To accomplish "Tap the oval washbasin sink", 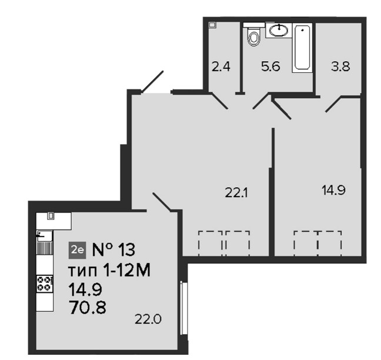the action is pyautogui.click(x=279, y=31).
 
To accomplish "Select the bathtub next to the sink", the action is pyautogui.click(x=302, y=48).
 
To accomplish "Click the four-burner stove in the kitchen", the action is pyautogui.click(x=45, y=284).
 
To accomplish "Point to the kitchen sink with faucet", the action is pyautogui.click(x=45, y=235).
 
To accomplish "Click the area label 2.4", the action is pyautogui.click(x=221, y=66).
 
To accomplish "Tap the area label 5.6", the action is pyautogui.click(x=270, y=66).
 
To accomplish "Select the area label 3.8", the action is pyautogui.click(x=340, y=66).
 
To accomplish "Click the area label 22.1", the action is pyautogui.click(x=236, y=194).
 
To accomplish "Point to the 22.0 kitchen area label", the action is pyautogui.click(x=148, y=319).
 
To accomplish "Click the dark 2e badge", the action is pyautogui.click(x=77, y=250).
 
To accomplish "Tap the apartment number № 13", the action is pyautogui.click(x=113, y=250).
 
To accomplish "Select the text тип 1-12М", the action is pyautogui.click(x=109, y=271).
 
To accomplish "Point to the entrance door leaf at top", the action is pyautogui.click(x=152, y=82).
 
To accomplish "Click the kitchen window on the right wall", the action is pyautogui.click(x=184, y=308).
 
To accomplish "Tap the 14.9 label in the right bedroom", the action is pyautogui.click(x=333, y=190).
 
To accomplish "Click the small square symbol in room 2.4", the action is pyautogui.click(x=213, y=25).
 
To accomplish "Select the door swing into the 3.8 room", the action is pyautogui.click(x=333, y=104).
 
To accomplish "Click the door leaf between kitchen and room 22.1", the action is pyautogui.click(x=162, y=201).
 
